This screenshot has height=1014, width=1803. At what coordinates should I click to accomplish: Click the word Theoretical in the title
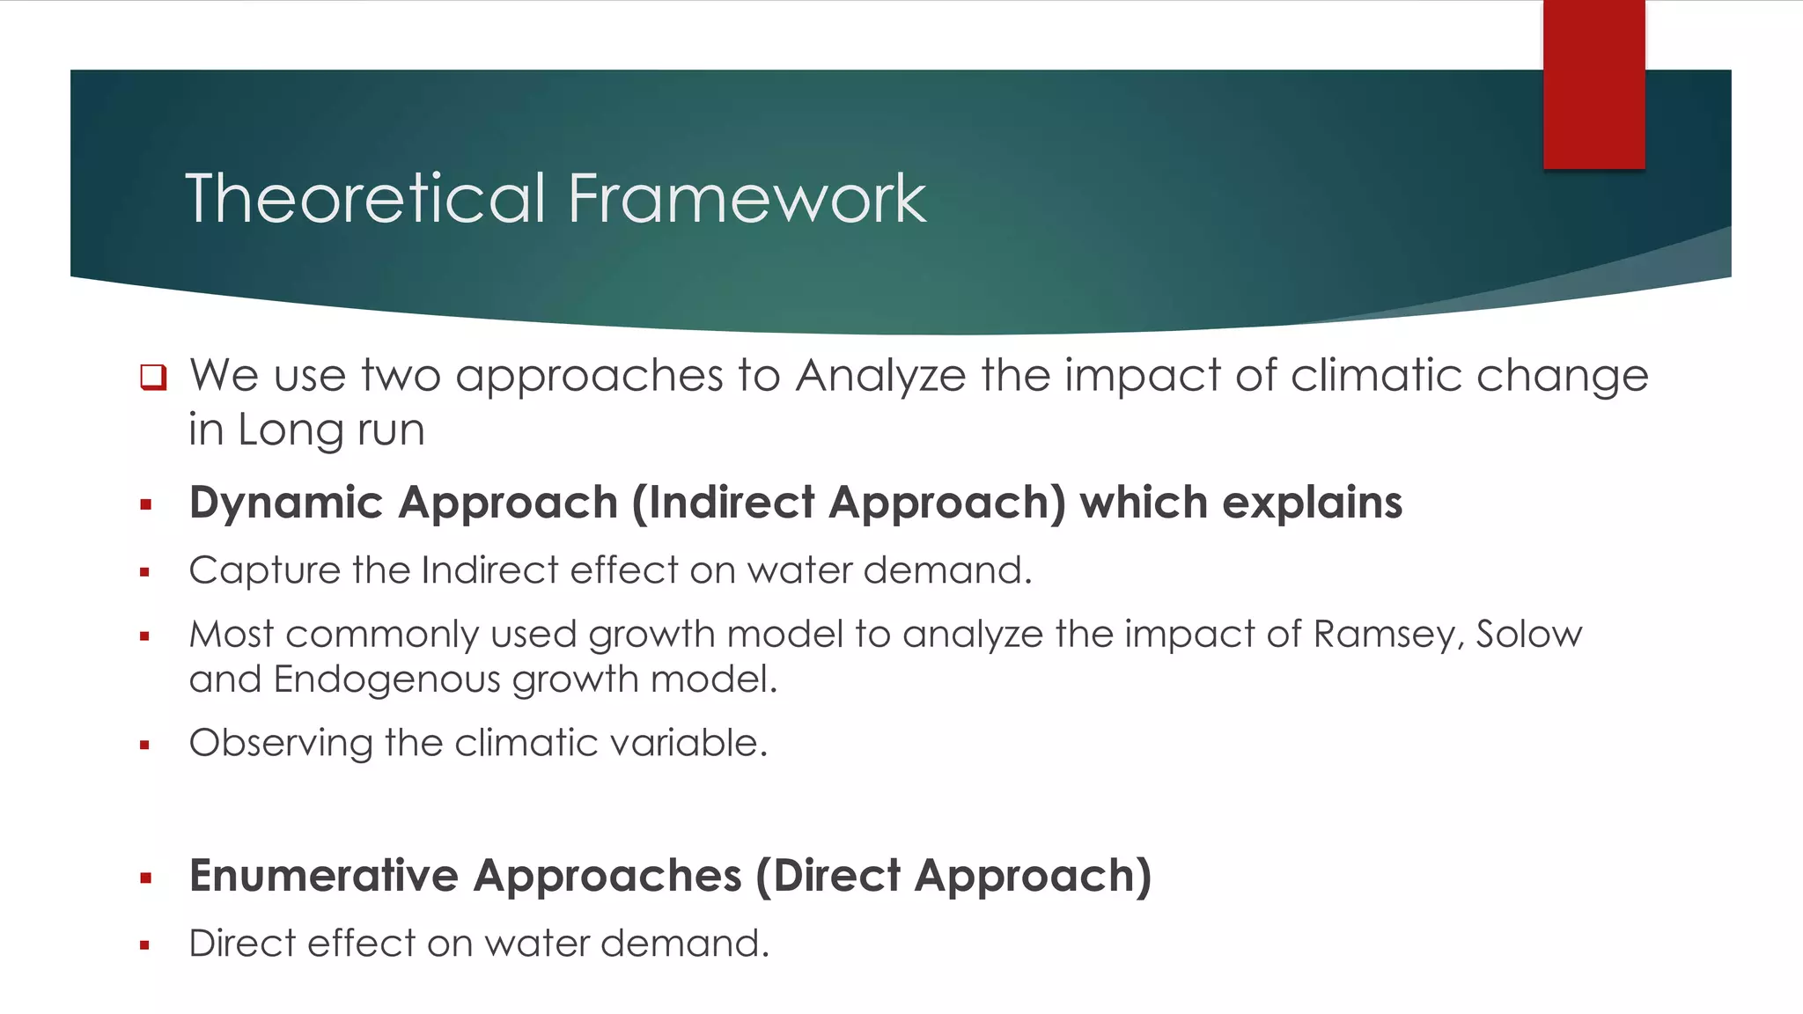pos(365,199)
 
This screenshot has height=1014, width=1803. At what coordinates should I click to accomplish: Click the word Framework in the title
pos(747,199)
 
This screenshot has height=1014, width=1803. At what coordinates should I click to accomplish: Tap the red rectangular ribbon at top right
pos(1593,84)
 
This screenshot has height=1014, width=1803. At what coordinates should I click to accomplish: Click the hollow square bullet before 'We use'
pos(153,377)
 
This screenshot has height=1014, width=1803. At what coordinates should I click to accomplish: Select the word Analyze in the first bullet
pos(880,377)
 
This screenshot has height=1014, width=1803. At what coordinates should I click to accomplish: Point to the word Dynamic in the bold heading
pos(286,503)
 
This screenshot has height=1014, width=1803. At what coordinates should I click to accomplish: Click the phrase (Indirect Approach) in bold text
pos(849,503)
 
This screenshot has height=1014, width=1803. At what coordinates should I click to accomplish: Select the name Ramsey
pos(1387,635)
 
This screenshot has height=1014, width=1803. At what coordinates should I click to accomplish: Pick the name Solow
pos(1528,635)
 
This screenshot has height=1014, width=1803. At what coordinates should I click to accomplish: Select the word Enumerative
pos(323,877)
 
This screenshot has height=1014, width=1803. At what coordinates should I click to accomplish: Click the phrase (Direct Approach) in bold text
pos(953,877)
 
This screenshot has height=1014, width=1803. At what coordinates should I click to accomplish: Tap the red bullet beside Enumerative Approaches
pos(145,878)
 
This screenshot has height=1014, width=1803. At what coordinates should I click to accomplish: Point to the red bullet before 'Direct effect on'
pos(145,945)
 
